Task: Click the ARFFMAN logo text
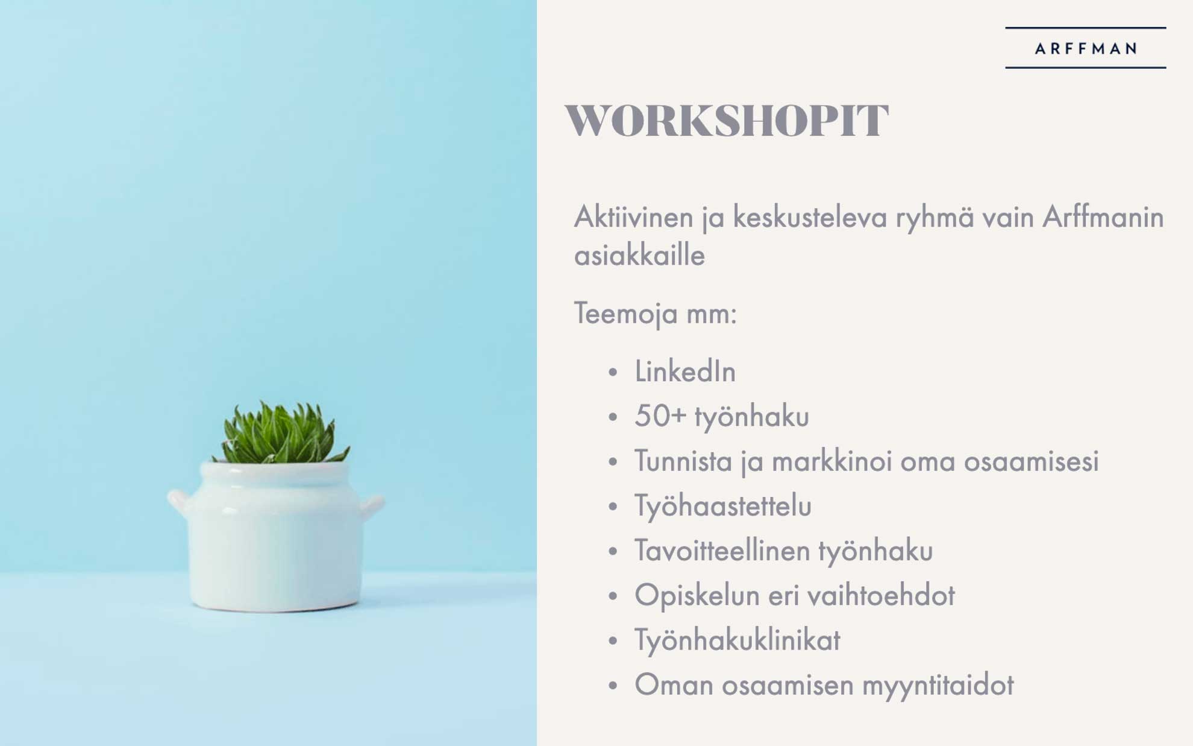1086,48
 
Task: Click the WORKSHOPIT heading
727,121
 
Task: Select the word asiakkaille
639,255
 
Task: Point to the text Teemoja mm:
656,314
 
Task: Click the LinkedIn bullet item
685,371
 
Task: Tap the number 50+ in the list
660,416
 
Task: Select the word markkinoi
831,461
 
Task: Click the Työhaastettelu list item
723,505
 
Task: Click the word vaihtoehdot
881,595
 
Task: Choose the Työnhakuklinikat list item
737,639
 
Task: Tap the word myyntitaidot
938,684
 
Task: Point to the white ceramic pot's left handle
179,502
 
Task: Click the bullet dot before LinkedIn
613,372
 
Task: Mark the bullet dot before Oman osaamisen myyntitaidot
613,686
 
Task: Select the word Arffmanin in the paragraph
1103,217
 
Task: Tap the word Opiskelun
697,595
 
